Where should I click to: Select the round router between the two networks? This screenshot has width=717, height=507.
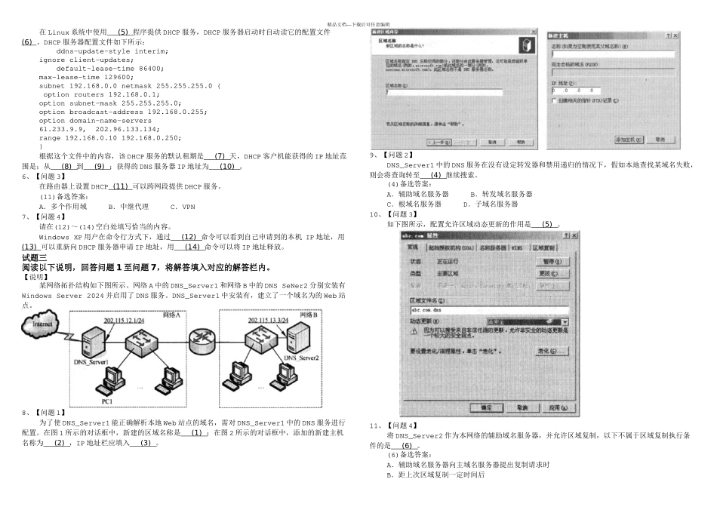pos(202,337)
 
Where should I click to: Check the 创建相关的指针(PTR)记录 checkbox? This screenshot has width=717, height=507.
pos(555,100)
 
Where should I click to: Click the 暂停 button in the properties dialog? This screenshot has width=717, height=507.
pos(551,261)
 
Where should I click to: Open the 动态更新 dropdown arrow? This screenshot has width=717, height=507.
pos(565,321)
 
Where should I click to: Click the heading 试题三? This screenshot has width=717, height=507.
pos(35,258)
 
